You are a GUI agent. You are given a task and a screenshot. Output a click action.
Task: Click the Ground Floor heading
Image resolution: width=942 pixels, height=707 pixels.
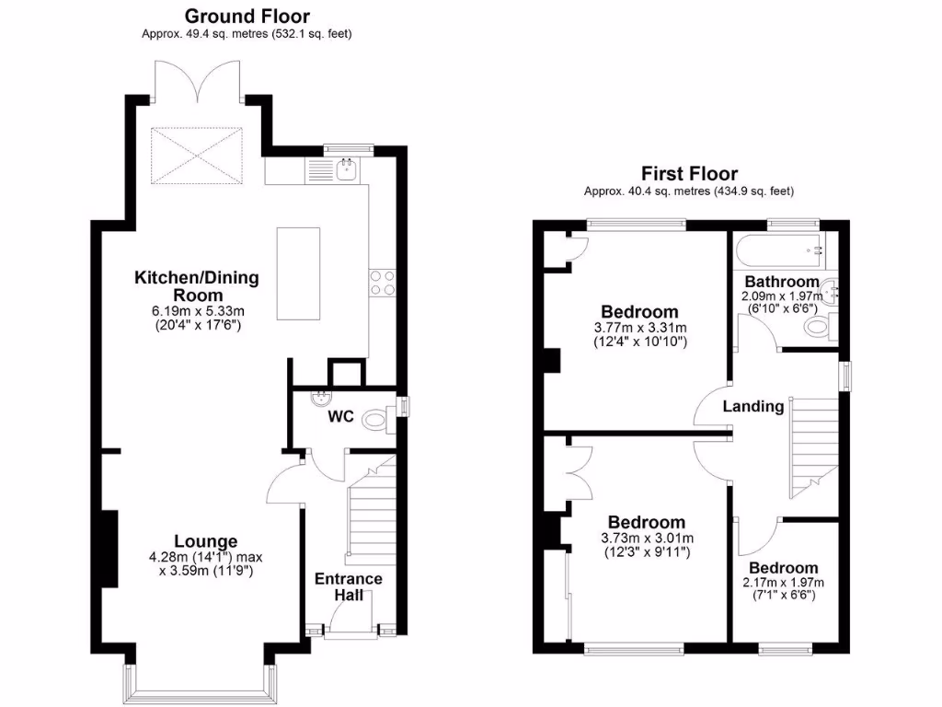(x=247, y=16)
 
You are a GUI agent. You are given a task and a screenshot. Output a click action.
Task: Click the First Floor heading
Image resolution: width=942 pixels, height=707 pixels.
(x=689, y=173)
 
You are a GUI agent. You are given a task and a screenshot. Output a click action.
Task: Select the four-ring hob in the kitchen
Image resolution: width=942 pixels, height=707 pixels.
(x=382, y=283)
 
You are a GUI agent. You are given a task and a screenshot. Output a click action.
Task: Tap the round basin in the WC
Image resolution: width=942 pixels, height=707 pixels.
(x=321, y=399)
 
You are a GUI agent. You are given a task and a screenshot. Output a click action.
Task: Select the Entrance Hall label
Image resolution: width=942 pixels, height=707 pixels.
(x=349, y=586)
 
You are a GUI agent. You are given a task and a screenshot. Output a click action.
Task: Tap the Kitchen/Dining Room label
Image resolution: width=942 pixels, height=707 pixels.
(x=197, y=285)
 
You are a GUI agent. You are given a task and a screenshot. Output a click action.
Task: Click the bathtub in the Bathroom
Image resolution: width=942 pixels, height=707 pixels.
(x=777, y=248)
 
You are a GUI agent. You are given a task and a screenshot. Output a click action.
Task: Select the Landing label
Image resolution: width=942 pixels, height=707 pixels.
(x=752, y=406)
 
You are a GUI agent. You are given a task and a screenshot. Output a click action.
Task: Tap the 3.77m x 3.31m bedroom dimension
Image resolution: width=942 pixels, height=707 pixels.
(x=639, y=328)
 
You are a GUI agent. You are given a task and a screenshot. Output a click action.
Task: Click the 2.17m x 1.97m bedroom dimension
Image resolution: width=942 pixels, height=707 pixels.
(x=783, y=583)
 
